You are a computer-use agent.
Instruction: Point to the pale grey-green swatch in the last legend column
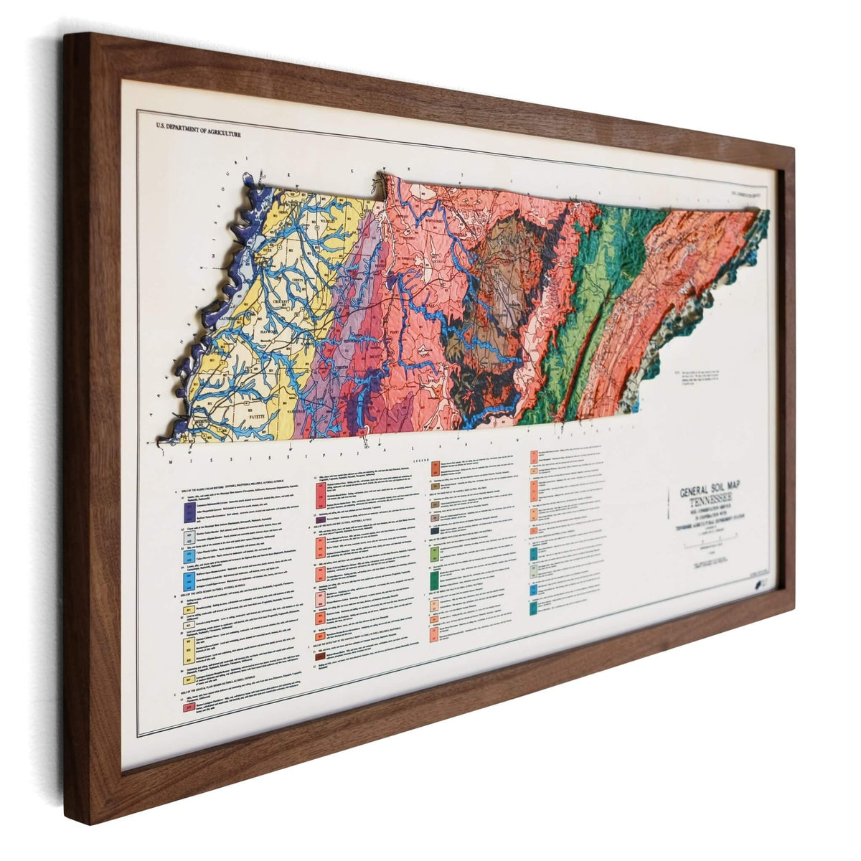(x=534, y=572)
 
